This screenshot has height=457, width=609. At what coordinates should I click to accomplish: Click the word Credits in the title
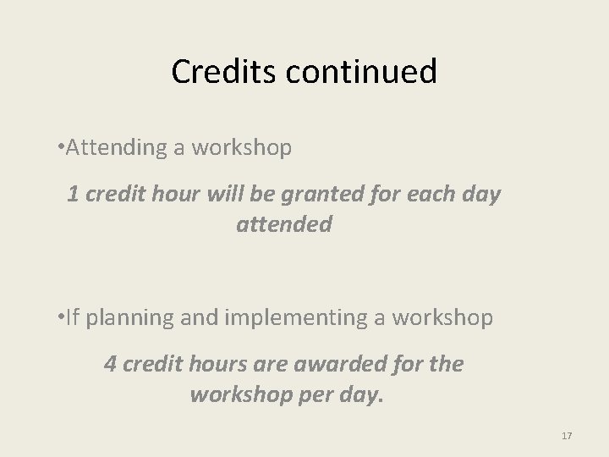pyautogui.click(x=222, y=72)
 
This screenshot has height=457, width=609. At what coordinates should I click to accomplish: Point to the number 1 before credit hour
pyautogui.click(x=73, y=194)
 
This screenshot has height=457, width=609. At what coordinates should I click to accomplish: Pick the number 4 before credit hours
pyautogui.click(x=109, y=364)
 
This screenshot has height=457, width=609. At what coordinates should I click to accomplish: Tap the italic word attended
pyautogui.click(x=284, y=225)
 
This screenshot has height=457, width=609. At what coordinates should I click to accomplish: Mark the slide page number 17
pyautogui.click(x=567, y=435)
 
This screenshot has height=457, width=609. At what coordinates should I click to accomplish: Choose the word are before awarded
pyautogui.click(x=266, y=364)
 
